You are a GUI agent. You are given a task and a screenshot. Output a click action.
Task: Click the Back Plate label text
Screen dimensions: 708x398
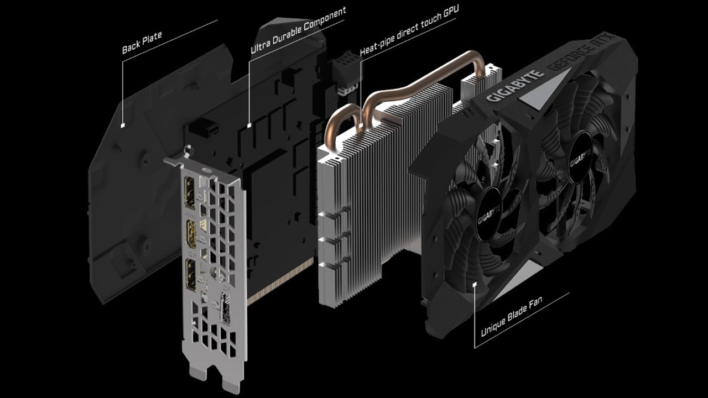point(142,43)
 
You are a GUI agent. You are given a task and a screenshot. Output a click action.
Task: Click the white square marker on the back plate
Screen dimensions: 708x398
point(123,125)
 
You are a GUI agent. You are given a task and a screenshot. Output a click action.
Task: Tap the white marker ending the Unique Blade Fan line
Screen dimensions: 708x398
point(474,284)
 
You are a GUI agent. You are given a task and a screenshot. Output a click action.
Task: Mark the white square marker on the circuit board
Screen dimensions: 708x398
point(249,125)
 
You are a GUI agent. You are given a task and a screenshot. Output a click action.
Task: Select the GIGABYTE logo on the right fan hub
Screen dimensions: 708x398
point(581,158)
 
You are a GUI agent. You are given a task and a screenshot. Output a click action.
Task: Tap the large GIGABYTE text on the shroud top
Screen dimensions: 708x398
point(514,86)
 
